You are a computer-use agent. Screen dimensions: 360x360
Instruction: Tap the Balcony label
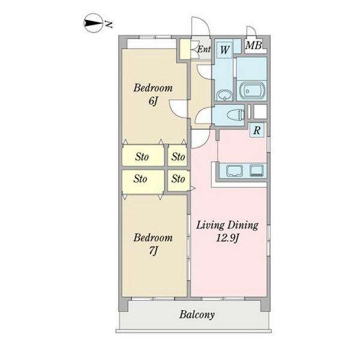coord(197,314)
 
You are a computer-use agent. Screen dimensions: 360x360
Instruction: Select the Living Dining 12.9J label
coord(227,232)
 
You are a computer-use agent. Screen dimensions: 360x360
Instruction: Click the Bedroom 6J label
coord(153,94)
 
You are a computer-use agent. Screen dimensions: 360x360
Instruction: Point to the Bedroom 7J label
coord(153,244)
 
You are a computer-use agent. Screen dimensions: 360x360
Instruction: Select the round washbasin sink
coord(224,95)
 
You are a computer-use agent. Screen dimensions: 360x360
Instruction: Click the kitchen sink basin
coord(235,170)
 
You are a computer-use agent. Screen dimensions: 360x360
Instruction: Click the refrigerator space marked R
coord(257,130)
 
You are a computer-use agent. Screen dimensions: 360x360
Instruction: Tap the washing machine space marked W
coord(224,50)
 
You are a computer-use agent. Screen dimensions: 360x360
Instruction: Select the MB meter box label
coord(253,46)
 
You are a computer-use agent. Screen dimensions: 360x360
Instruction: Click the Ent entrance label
coord(204,49)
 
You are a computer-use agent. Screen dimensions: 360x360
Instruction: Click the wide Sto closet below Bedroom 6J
coord(143,155)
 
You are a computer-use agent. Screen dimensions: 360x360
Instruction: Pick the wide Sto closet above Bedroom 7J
coord(143,181)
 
